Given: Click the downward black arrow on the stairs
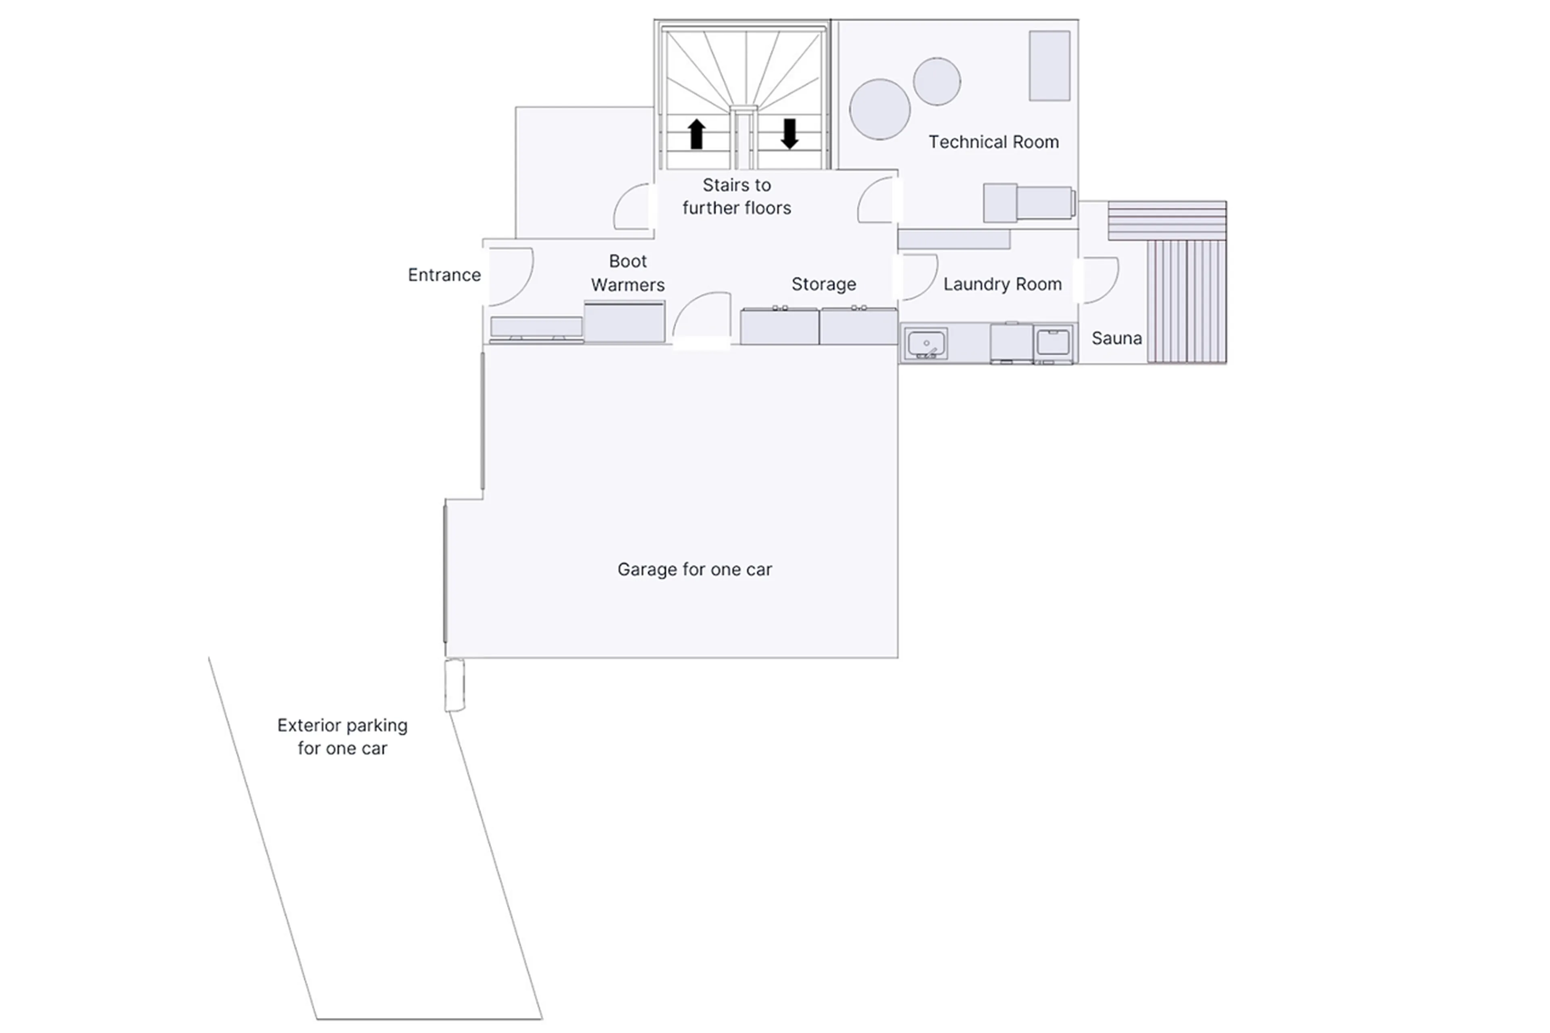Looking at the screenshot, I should coord(789,134).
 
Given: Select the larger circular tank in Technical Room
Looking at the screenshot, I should coord(879,109).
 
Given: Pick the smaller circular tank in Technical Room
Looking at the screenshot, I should coord(936,81).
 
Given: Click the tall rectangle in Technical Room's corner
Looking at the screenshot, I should coord(1049,66).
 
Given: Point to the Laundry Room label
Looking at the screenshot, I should coord(1002,284).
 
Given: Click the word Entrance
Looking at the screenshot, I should coord(444,275).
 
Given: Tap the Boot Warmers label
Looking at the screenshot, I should coord(627,273).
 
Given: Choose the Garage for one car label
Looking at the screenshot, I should coord(694,569).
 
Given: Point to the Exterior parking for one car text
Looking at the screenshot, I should coord(342,736).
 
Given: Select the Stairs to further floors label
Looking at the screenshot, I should coord(736,196).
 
